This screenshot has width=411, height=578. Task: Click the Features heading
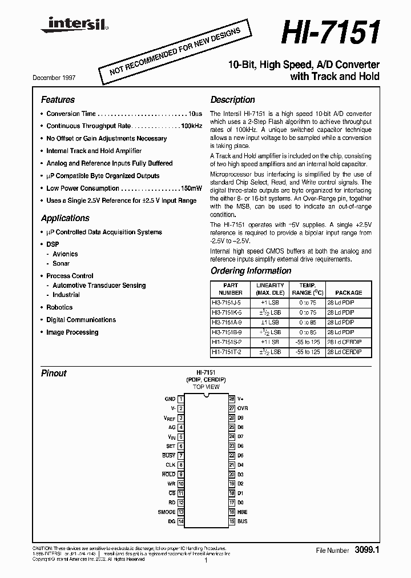tap(58, 99)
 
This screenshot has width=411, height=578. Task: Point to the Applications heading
tap(65, 218)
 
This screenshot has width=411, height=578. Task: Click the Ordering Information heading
tap(251, 271)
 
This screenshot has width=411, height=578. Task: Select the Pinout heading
tap(54, 374)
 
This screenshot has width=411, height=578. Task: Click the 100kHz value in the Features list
tap(191, 126)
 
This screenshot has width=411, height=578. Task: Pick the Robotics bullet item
tap(59, 307)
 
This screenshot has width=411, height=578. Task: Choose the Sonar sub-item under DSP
tap(61, 263)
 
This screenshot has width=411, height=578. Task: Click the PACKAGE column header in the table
tap(348, 292)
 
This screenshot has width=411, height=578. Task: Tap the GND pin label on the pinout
tap(170, 399)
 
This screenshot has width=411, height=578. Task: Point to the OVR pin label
tap(243, 408)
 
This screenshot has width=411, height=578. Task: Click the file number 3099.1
tap(367, 550)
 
